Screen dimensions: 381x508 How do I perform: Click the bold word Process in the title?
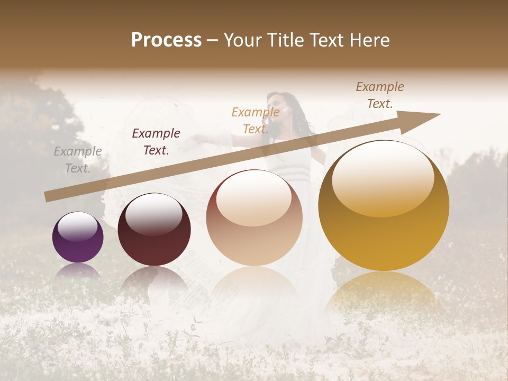[166, 40]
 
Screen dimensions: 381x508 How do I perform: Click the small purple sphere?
[78, 238]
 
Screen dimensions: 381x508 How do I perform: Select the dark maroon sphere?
[154, 230]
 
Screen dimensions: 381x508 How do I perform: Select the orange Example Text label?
[256, 120]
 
